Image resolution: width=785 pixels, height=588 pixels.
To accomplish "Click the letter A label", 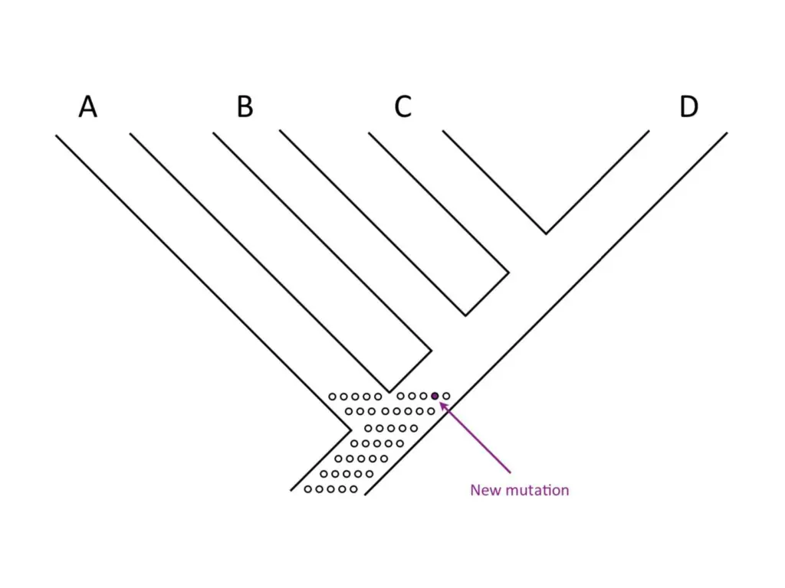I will point(88,107).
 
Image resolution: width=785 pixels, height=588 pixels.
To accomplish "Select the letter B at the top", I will point(245,107).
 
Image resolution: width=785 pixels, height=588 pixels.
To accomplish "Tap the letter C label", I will point(402,107).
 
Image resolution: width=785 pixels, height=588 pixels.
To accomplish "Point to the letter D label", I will point(688,107).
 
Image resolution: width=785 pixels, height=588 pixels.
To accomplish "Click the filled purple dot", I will point(435,396).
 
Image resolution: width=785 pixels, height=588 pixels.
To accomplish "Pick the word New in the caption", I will point(484,490).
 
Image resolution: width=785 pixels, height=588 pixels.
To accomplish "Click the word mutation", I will point(536,490).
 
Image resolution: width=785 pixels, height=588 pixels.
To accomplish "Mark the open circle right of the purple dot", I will point(446,396).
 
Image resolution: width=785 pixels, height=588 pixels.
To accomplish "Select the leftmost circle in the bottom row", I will point(307,489).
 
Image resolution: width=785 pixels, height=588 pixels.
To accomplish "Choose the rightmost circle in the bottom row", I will point(353,489).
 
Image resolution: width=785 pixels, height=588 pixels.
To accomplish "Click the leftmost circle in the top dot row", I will point(332,397).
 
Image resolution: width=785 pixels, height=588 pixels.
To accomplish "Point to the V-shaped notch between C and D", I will point(546,233).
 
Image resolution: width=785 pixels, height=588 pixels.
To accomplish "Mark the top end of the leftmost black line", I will point(56,136).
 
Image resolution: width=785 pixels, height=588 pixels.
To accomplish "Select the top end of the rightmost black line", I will point(726,133).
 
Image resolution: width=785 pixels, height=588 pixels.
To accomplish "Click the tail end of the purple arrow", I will point(510,472).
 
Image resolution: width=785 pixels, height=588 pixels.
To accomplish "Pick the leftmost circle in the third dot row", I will point(368,427).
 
